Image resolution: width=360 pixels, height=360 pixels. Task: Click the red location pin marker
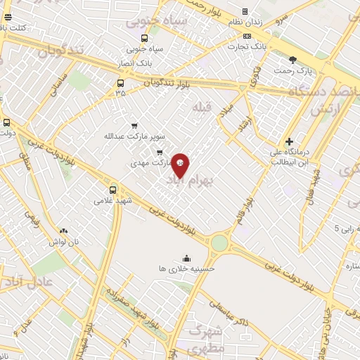pyautogui.click(x=181, y=165)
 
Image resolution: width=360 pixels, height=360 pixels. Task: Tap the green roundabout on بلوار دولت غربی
pyautogui.click(x=219, y=243)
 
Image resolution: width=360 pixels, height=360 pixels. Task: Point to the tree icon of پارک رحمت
pyautogui.click(x=293, y=60)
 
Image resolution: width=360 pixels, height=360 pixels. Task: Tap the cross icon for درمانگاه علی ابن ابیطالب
pyautogui.click(x=289, y=141)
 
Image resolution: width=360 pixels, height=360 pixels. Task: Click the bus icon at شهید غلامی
pyautogui.click(x=113, y=189)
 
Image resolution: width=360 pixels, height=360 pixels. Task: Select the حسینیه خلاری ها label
pyautogui.click(x=186, y=268)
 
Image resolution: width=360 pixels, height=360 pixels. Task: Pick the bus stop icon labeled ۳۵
pyautogui.click(x=120, y=83)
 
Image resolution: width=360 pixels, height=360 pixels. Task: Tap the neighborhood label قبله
pyautogui.click(x=201, y=105)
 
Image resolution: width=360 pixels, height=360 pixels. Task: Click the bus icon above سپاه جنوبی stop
pyautogui.click(x=144, y=39)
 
